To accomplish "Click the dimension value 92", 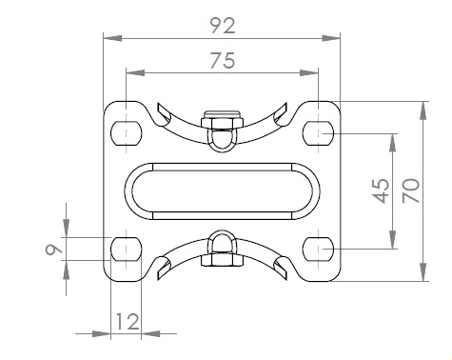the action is [223, 26].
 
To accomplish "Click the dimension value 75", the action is [223, 61].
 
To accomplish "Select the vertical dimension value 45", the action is [381, 190].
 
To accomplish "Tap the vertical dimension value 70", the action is [411, 190].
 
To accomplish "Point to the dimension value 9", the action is [54, 250].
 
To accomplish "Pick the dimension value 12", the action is [127, 322].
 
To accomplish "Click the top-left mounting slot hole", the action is [127, 133].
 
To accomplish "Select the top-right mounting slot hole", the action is [318, 133].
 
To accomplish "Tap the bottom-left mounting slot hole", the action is [127, 249].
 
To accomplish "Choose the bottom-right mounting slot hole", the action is [318, 249].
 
